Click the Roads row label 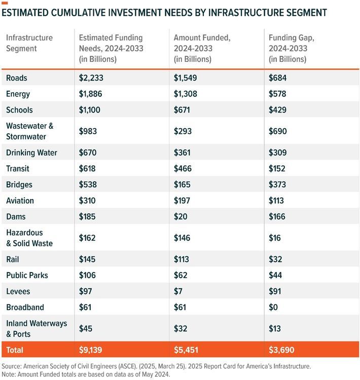point(16,78)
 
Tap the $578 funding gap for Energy point(277,94)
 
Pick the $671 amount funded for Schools point(183,110)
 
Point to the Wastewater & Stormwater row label point(29,131)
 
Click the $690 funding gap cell point(278,131)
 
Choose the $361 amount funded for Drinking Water point(184,153)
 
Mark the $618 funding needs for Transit point(87,169)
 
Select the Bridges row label point(19,184)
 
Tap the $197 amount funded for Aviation point(183,201)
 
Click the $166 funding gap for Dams point(277,216)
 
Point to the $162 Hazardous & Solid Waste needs point(87,238)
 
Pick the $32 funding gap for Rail point(275,259)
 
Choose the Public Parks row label point(27,275)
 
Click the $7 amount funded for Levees point(178,291)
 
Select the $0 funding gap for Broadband point(274,307)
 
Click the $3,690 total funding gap point(281,350)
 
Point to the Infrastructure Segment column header point(29,43)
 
